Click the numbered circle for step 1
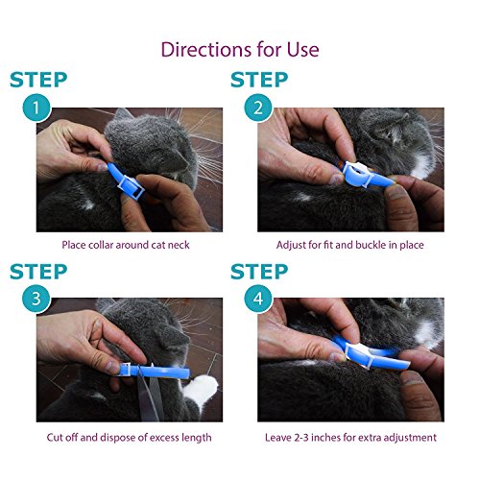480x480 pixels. click(x=36, y=108)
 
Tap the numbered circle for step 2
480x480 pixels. click(x=258, y=108)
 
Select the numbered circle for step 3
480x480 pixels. click(x=36, y=299)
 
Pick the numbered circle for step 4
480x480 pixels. click(x=258, y=299)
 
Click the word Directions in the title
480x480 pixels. click(x=206, y=50)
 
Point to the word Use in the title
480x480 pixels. click(x=302, y=50)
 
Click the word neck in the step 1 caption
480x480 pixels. click(x=179, y=245)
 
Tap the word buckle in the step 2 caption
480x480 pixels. click(x=371, y=245)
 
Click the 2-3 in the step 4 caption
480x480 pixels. click(x=301, y=438)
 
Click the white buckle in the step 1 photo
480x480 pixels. click(x=130, y=187)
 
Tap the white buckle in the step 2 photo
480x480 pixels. click(x=357, y=173)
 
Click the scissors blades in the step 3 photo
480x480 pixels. click(x=148, y=394)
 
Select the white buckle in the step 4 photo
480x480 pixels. click(x=359, y=353)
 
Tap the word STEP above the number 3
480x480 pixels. click(x=38, y=272)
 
